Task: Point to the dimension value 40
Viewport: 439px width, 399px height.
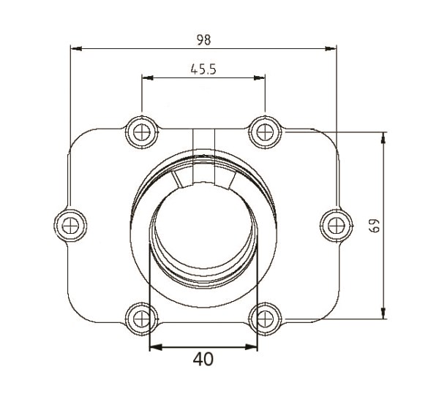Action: coord(204,359)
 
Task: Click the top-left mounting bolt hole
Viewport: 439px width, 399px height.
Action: coord(140,132)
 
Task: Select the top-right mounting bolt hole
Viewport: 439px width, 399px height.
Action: coord(263,132)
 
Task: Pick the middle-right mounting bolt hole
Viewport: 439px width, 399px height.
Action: coord(334,224)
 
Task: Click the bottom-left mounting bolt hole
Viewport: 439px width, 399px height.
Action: coord(140,317)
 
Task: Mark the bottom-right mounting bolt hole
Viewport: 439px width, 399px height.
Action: coord(263,317)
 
